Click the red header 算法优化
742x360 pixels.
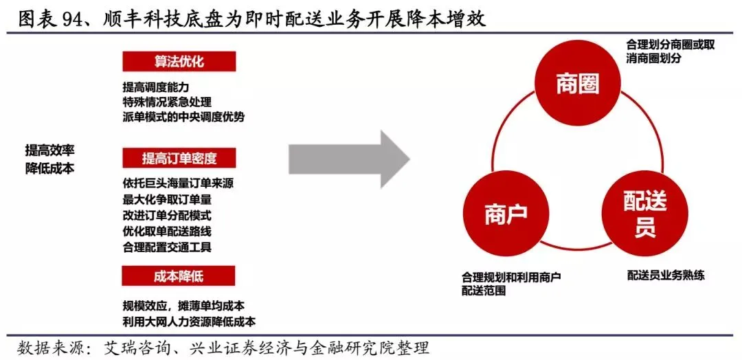point(179,62)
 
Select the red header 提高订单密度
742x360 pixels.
point(179,159)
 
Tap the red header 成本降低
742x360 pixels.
point(179,276)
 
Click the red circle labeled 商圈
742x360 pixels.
point(577,84)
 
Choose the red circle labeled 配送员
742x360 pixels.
point(644,214)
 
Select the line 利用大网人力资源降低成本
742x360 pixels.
point(189,321)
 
